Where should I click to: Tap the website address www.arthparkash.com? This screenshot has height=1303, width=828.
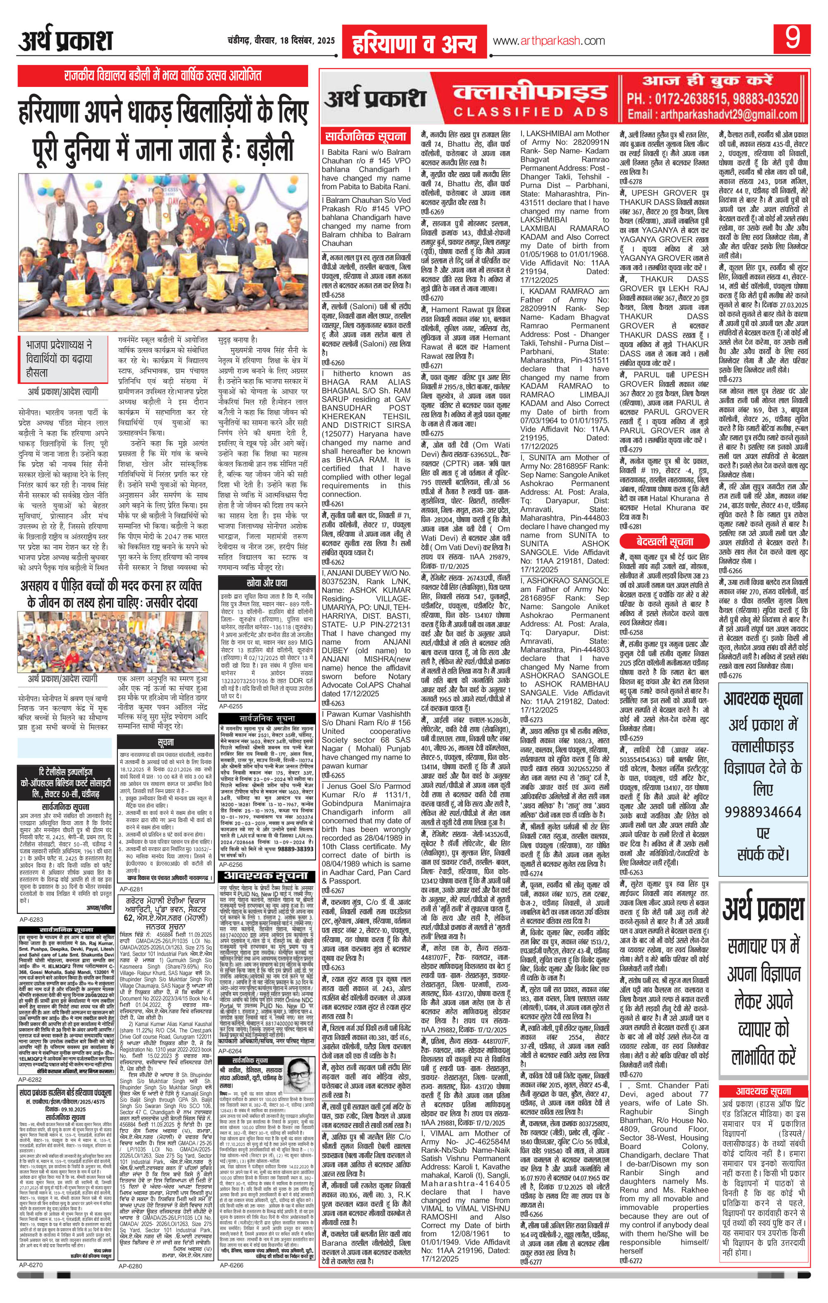pyautogui.click(x=549, y=41)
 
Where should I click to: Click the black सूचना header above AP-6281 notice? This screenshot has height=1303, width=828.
pyautogui.click(x=166, y=742)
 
